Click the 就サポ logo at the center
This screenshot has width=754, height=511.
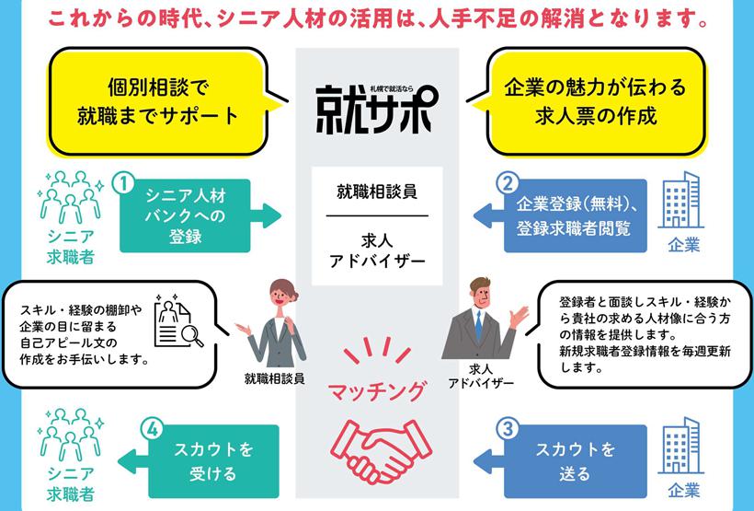pyautogui.click(x=377, y=109)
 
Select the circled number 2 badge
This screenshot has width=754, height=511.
pyautogui.click(x=508, y=183)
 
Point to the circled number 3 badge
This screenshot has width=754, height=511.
pyautogui.click(x=508, y=429)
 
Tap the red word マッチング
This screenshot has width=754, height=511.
pyautogui.click(x=377, y=390)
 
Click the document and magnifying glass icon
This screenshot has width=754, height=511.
pyautogui.click(x=177, y=321)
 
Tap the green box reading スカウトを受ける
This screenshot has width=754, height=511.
pyautogui.click(x=213, y=461)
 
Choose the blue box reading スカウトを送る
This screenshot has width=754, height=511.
pyautogui.click(x=575, y=461)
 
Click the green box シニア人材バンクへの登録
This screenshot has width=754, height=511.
pyautogui.click(x=185, y=215)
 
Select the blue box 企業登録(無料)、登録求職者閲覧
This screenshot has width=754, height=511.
pyautogui.click(x=575, y=215)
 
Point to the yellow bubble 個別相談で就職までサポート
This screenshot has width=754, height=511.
pyautogui.click(x=158, y=101)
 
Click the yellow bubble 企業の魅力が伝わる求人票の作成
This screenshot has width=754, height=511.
pyautogui.click(x=596, y=101)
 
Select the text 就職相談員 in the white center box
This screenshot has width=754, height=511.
pyautogui.click(x=377, y=192)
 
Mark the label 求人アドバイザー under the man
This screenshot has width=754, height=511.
pyautogui.click(x=480, y=377)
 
